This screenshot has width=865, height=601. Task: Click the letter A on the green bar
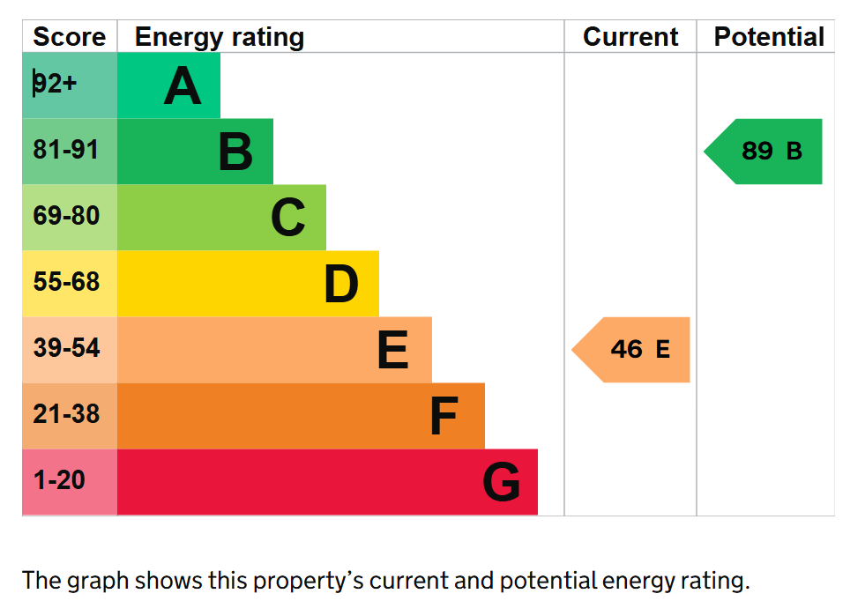click(183, 86)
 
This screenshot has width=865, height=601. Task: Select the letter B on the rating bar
click(235, 152)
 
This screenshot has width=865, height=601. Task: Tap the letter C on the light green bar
click(288, 219)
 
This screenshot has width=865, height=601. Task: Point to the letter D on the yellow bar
click(341, 285)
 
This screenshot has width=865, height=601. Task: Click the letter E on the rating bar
click(393, 351)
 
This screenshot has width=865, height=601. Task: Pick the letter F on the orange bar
click(444, 417)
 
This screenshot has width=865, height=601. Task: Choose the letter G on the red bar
click(501, 483)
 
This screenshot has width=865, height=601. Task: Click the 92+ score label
click(56, 85)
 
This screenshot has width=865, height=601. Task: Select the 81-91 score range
click(66, 151)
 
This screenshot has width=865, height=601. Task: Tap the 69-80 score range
click(66, 217)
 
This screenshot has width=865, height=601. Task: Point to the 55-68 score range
click(66, 283)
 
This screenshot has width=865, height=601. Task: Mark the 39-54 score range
click(66, 349)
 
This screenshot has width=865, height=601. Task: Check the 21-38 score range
click(66, 414)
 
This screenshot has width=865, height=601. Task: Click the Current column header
click(630, 37)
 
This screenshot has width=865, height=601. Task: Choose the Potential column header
click(768, 37)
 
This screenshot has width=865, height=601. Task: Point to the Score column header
click(69, 37)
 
